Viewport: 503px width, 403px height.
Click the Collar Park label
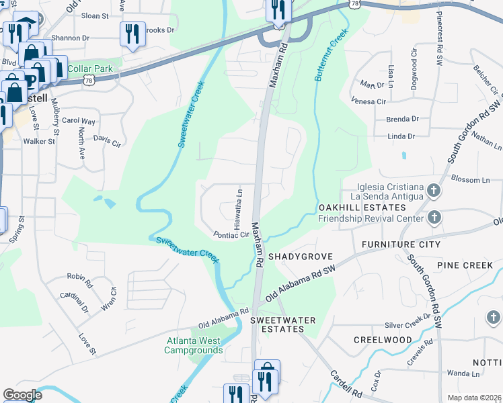pyautogui.click(x=95, y=69)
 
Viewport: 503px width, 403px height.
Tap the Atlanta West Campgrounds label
pyautogui.click(x=194, y=345)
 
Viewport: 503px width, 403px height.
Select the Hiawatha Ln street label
pyautogui.click(x=238, y=207)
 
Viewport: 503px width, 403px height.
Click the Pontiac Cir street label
pyautogui.click(x=231, y=235)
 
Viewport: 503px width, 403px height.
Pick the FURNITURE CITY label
pyautogui.click(x=401, y=244)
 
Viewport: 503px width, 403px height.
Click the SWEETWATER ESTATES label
pyautogui.click(x=282, y=325)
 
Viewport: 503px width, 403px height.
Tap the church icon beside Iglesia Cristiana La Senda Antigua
pyautogui.click(x=434, y=191)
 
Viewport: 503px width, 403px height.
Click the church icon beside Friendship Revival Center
pyautogui.click(x=434, y=218)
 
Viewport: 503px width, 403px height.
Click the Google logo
pyautogui.click(x=22, y=394)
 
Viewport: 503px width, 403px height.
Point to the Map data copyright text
pyautogui.click(x=474, y=398)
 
